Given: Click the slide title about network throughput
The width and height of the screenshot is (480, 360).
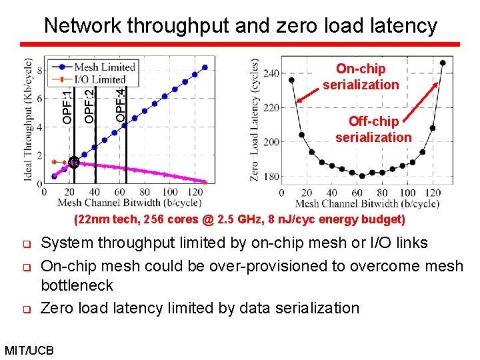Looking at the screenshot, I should coord(240,26).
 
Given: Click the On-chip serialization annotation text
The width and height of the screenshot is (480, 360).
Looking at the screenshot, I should coord(361,77).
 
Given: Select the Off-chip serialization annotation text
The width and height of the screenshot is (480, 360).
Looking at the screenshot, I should coord(373,129).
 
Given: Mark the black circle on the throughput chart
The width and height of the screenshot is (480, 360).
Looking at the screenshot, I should coord(73,162).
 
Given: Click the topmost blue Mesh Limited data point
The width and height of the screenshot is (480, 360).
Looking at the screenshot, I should coord(205,67).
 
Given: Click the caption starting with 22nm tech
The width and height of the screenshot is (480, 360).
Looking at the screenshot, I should coord(239,219).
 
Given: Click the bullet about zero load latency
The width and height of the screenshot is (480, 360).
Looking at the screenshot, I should coord(200,308).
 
